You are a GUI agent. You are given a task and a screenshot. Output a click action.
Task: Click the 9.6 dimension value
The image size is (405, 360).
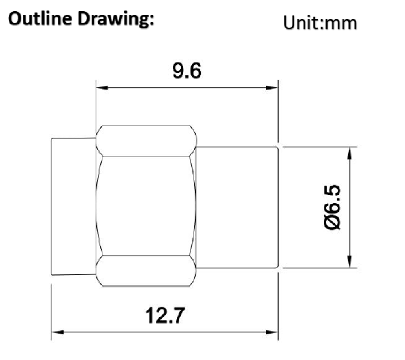[x=187, y=71]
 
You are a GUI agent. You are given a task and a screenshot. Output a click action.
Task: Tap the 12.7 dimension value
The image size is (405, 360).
[x=164, y=315]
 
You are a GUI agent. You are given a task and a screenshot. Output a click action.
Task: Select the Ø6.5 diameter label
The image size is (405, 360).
[x=334, y=207]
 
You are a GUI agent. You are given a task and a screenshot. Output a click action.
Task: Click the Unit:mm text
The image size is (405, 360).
[x=320, y=23]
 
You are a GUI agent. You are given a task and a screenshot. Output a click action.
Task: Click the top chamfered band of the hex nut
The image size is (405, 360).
[x=146, y=141]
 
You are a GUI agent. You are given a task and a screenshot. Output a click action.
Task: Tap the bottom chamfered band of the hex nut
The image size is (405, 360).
[x=146, y=271]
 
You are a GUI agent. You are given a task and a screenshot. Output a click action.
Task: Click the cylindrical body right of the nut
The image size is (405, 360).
[x=237, y=207]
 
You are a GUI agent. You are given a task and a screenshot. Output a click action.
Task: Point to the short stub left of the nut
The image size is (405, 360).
[x=73, y=206]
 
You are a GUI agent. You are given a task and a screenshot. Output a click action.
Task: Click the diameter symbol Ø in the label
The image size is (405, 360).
[x=334, y=223]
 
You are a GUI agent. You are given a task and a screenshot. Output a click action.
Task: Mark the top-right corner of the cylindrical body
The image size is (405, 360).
[x=278, y=147]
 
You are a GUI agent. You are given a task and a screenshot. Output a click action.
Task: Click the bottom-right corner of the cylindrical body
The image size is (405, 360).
[x=278, y=268]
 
